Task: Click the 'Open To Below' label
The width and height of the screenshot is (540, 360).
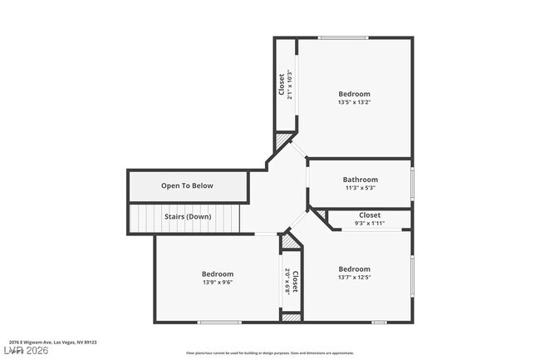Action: pyautogui.click(x=187, y=185)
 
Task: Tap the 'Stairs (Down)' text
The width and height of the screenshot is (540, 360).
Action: pyautogui.click(x=187, y=217)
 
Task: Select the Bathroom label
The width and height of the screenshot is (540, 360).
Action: pyautogui.click(x=360, y=180)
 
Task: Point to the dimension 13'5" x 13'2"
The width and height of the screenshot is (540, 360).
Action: pyautogui.click(x=354, y=103)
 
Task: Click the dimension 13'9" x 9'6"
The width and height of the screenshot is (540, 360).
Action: pyautogui.click(x=217, y=283)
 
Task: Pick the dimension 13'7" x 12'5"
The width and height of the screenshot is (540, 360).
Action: pyautogui.click(x=354, y=278)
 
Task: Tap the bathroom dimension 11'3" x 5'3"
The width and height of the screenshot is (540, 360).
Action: pyautogui.click(x=360, y=188)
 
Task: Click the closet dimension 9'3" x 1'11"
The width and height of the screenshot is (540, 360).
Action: pyautogui.click(x=369, y=223)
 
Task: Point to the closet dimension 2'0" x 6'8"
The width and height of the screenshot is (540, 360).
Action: pyautogui.click(x=287, y=281)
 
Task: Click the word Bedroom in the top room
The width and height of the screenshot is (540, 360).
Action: pyautogui.click(x=354, y=94)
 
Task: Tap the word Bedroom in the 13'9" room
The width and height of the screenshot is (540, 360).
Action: pyautogui.click(x=217, y=274)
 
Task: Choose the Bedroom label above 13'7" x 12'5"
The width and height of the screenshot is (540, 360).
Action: pyautogui.click(x=354, y=269)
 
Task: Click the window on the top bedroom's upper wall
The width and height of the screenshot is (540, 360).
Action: pyautogui.click(x=345, y=37)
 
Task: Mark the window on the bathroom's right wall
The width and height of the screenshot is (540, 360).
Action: pyautogui.click(x=412, y=182)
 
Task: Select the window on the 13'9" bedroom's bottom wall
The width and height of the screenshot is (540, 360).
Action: pyautogui.click(x=219, y=323)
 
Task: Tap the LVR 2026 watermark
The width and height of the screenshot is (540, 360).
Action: pyautogui.click(x=25, y=351)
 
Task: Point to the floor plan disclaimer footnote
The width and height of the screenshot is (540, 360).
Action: pyautogui.click(x=269, y=353)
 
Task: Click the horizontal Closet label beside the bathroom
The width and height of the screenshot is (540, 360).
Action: pyautogui.click(x=370, y=215)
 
